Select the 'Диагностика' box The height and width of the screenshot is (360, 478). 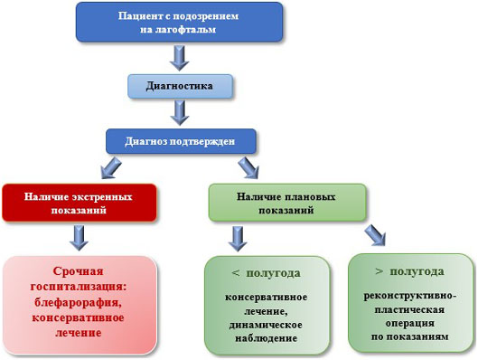(x=182, y=87)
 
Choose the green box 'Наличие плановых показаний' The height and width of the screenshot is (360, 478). (x=287, y=202)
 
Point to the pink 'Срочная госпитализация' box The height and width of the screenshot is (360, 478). (x=80, y=302)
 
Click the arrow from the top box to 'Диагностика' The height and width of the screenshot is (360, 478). (x=181, y=57)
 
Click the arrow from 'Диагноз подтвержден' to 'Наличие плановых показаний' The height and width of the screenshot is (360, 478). (x=248, y=166)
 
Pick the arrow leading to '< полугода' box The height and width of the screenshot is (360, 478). (x=238, y=238)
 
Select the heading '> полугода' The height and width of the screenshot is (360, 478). (x=408, y=270)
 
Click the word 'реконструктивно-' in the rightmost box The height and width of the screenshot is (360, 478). (x=409, y=295)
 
